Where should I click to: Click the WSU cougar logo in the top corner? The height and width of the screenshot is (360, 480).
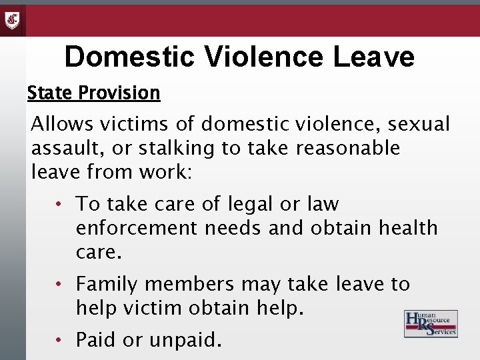(12, 20)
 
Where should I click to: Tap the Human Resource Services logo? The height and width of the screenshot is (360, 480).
(431, 324)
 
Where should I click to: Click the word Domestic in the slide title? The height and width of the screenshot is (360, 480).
(131, 57)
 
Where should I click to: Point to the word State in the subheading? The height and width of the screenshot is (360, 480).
(50, 93)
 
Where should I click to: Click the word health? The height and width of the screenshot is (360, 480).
(408, 228)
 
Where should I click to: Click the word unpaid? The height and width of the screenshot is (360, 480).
(185, 340)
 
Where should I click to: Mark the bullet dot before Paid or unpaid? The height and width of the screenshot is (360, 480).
(59, 340)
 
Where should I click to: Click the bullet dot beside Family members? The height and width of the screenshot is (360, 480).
(59, 285)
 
